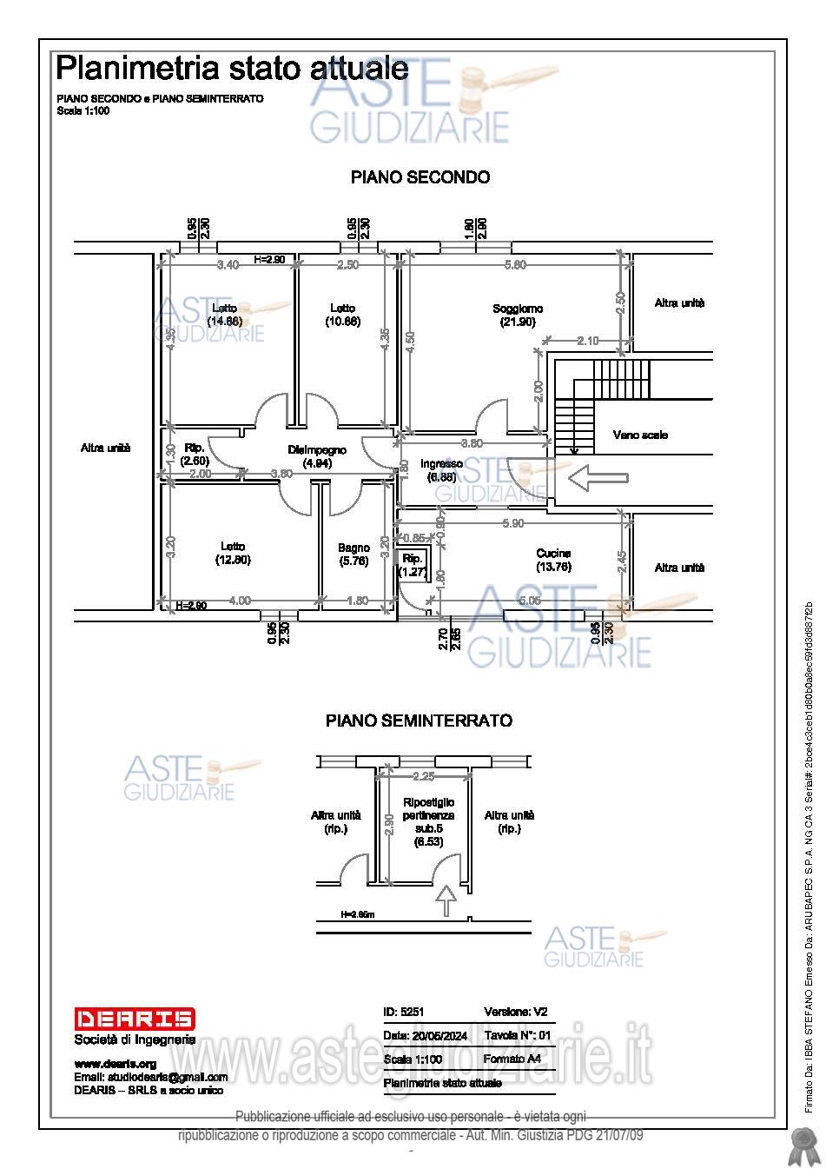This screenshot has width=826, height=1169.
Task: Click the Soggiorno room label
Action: (518, 309)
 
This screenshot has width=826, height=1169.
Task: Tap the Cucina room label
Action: (553, 554)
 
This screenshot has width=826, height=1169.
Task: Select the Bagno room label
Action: (354, 548)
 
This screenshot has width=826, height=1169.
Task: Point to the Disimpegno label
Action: (317, 450)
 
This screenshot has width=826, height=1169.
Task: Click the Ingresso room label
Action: (441, 464)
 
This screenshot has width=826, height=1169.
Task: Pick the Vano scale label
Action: (640, 435)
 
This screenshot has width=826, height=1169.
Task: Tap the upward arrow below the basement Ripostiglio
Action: (445, 900)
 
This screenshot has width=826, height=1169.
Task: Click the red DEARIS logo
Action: (135, 1019)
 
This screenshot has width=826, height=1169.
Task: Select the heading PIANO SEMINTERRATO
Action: (419, 721)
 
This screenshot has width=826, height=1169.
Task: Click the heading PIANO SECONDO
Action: (420, 177)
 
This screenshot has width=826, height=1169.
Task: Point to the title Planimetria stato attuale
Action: (232, 68)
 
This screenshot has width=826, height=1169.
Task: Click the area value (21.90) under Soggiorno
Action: (518, 322)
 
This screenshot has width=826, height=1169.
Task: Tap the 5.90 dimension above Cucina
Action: (513, 523)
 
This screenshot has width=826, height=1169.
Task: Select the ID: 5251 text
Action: (403, 1012)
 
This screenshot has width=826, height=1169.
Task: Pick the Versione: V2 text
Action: (515, 1012)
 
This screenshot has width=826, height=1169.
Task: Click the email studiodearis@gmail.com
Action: (150, 1078)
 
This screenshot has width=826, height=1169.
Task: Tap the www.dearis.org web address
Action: (115, 1064)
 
